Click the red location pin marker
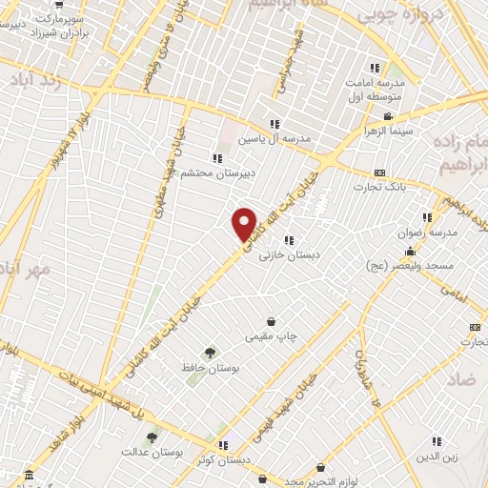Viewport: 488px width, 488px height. pos(245,223)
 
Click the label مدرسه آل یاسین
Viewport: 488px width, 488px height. pos(274,140)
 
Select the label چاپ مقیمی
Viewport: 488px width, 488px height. pos(273,337)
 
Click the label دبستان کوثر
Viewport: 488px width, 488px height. pos(225,460)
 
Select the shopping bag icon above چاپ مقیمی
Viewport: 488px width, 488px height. pos(273,321)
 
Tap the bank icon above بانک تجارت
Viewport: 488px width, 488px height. pos(380,173)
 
